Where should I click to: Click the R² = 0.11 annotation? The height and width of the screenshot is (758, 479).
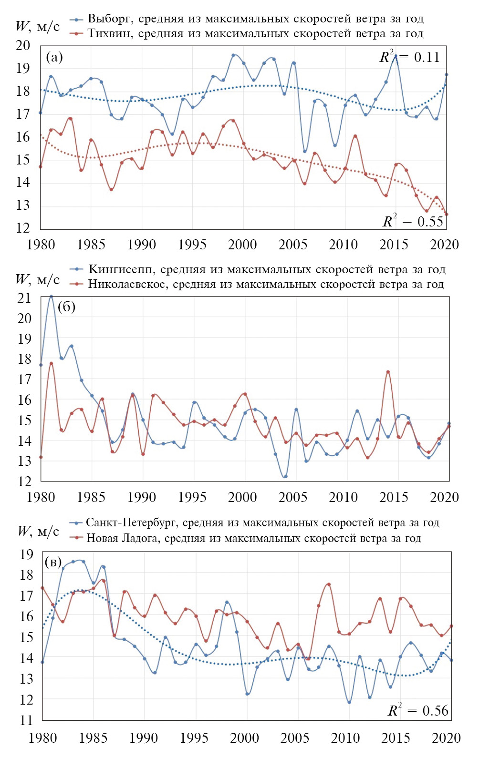pyautogui.click(x=409, y=57)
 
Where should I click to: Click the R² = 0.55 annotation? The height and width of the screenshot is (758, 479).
pyautogui.click(x=413, y=221)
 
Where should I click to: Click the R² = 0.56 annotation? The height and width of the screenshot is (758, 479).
pyautogui.click(x=418, y=710)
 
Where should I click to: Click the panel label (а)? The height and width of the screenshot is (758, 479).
pyautogui.click(x=54, y=57)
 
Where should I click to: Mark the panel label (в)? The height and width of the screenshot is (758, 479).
pyautogui.click(x=53, y=562)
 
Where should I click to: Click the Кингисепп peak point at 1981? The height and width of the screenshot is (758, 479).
pyautogui.click(x=51, y=297)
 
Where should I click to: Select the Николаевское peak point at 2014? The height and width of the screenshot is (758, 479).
pyautogui.click(x=388, y=372)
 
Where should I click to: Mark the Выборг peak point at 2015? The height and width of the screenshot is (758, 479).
pyautogui.click(x=396, y=56)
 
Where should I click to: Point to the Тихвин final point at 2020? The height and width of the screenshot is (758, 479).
pyautogui.click(x=446, y=214)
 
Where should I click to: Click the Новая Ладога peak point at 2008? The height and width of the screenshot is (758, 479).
pyautogui.click(x=329, y=584)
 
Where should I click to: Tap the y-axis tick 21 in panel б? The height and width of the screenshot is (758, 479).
pyautogui.click(x=24, y=297)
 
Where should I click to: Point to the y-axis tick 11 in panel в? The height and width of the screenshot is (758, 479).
pyautogui.click(x=26, y=720)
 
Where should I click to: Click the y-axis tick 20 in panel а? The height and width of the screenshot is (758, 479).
pyautogui.click(x=23, y=46)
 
